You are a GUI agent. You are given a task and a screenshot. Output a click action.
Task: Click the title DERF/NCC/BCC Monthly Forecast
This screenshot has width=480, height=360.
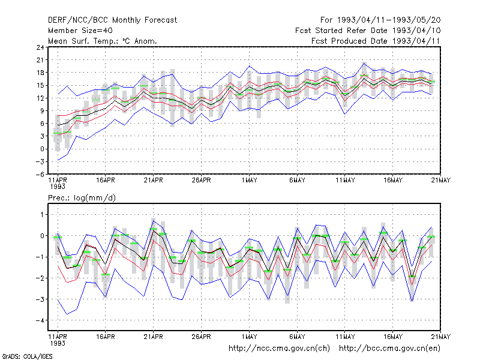pos(112,20)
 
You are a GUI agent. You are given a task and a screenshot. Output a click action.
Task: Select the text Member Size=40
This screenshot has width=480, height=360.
pos(80,31)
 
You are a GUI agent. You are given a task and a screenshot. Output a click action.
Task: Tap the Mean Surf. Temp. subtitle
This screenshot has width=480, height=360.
pos(103,41)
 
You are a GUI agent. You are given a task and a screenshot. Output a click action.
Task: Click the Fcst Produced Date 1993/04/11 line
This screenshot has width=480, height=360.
pos(376,41)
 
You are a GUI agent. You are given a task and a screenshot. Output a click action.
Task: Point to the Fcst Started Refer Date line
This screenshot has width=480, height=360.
pos(368,31)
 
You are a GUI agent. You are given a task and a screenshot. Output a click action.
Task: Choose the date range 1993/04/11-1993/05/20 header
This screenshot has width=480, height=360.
pos(380,20)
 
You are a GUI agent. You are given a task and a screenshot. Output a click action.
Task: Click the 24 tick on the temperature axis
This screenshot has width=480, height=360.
pos(40,47)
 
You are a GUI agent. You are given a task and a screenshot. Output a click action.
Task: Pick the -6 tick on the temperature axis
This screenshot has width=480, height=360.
pos(40,175)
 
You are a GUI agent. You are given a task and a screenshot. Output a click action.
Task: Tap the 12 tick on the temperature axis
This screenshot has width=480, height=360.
pos(40,98)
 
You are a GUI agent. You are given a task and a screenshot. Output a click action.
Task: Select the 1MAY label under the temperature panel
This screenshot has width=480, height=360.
pos(249,181)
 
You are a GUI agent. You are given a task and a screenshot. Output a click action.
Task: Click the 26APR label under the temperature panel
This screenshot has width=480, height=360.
pos(201,181)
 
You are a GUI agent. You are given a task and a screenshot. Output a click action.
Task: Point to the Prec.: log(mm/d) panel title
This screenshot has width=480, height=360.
pos(82,198)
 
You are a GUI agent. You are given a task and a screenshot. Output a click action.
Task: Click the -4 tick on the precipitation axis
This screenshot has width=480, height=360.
pos(40,320)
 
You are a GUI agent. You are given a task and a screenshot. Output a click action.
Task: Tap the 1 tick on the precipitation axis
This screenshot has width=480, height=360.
pos(42,215)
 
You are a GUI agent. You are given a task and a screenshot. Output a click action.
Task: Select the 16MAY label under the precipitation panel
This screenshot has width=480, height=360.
pos(393,337)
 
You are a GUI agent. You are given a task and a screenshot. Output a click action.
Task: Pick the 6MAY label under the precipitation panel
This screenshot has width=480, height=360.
pos(297,337)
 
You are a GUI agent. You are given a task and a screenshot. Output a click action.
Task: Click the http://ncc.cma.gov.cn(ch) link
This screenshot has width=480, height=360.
pos(279,349)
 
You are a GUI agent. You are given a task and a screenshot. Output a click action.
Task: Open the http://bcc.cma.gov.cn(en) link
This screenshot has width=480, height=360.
pos(389,349)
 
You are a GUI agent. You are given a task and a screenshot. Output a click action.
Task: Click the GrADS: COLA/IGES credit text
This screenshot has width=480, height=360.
pos(27,356)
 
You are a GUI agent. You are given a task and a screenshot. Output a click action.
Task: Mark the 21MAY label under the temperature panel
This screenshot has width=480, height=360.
pos(440,181)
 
